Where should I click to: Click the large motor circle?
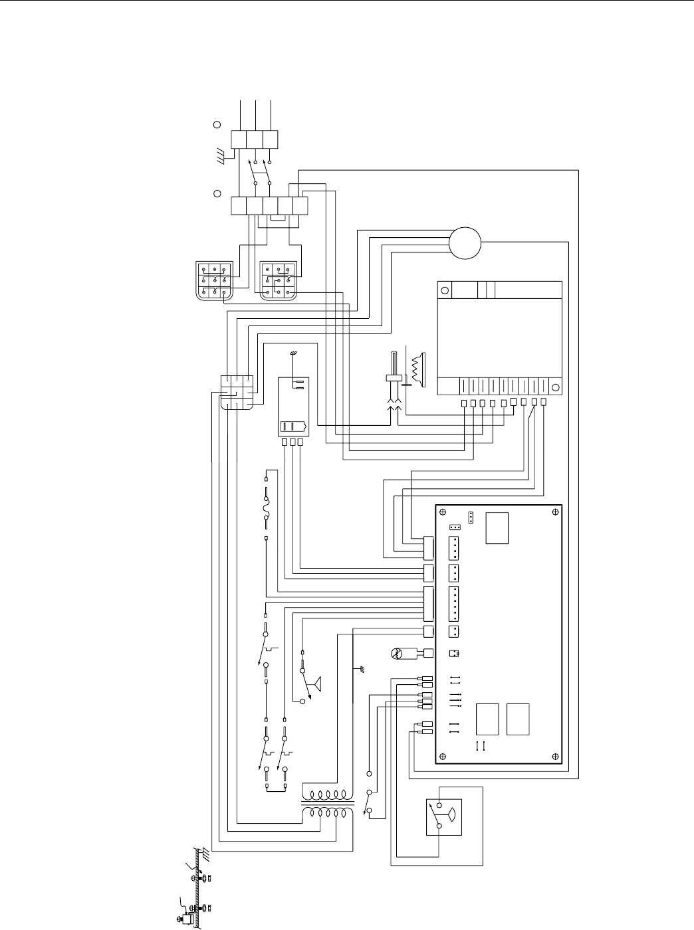[465, 243]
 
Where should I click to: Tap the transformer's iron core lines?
[324, 803]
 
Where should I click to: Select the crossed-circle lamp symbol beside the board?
[398, 654]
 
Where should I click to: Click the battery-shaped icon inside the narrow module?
[293, 426]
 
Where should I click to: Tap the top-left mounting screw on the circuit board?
[442, 511]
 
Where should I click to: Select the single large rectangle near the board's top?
[497, 528]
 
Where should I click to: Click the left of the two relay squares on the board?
[488, 719]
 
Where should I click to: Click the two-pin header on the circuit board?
[455, 632]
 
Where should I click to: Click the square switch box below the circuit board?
[443, 817]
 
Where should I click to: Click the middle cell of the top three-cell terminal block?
[255, 139]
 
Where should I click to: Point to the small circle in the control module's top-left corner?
[445, 290]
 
